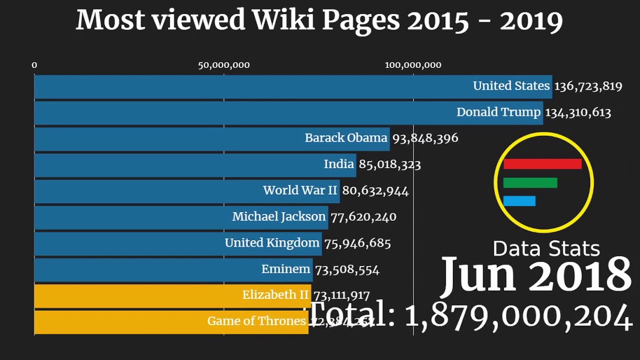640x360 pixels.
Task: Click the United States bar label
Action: tap(511, 86)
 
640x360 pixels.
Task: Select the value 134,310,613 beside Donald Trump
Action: tap(577, 112)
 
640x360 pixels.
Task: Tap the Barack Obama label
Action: tap(346, 138)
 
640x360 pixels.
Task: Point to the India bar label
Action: tap(338, 164)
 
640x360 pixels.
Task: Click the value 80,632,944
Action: tap(375, 190)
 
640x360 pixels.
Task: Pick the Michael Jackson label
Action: tap(278, 216)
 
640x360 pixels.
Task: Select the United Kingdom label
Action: tap(271, 243)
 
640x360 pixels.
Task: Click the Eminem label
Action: tap(285, 269)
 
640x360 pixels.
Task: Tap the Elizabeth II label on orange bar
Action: tap(275, 295)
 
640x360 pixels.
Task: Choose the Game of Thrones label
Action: tap(256, 321)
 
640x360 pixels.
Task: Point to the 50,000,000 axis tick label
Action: tap(223, 65)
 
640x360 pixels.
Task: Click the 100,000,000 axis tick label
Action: tap(413, 65)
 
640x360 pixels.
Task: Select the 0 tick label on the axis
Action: tap(34, 65)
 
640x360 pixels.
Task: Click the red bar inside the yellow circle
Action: tap(542, 164)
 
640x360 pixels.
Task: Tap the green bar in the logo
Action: tap(530, 183)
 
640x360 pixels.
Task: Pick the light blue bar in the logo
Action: tap(519, 201)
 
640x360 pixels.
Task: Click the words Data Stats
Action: tap(546, 248)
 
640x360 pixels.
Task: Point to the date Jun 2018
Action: tap(536, 274)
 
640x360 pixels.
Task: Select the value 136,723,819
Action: tap(588, 86)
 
